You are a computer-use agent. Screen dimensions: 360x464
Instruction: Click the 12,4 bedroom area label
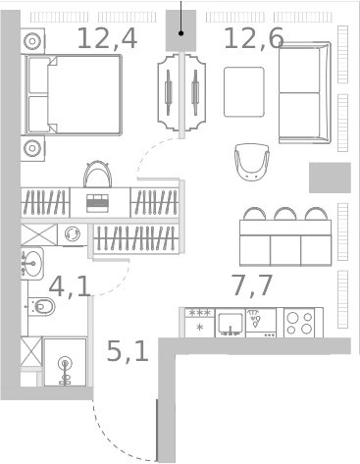tap(107, 38)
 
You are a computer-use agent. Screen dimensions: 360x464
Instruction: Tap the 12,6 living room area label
tap(254, 38)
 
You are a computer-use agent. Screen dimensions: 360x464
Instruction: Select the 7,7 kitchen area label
tap(252, 285)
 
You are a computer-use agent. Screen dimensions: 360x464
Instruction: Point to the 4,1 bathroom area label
tap(70, 286)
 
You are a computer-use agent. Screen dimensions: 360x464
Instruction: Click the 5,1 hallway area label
tap(128, 351)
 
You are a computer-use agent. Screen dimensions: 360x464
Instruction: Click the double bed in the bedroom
tap(73, 95)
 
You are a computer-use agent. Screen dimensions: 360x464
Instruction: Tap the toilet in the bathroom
tap(41, 307)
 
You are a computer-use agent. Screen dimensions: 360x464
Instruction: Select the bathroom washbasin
tap(31, 264)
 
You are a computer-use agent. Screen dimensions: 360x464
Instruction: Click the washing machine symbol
tap(73, 234)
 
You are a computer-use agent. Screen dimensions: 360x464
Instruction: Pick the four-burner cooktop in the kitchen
tap(300, 323)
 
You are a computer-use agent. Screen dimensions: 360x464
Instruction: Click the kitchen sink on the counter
tap(231, 323)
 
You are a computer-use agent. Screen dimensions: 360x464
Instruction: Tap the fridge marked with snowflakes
tap(199, 323)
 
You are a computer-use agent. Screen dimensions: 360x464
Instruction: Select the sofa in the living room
tap(305, 92)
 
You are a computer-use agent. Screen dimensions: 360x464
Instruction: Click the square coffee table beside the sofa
tap(244, 92)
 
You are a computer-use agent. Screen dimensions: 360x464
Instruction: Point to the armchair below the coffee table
tap(252, 162)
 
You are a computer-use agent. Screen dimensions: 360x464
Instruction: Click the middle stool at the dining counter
tap(285, 213)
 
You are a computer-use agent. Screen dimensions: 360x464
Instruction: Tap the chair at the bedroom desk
tap(97, 175)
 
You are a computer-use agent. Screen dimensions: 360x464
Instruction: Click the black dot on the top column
tap(180, 33)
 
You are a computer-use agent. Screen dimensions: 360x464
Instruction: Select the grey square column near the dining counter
tap(330, 178)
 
